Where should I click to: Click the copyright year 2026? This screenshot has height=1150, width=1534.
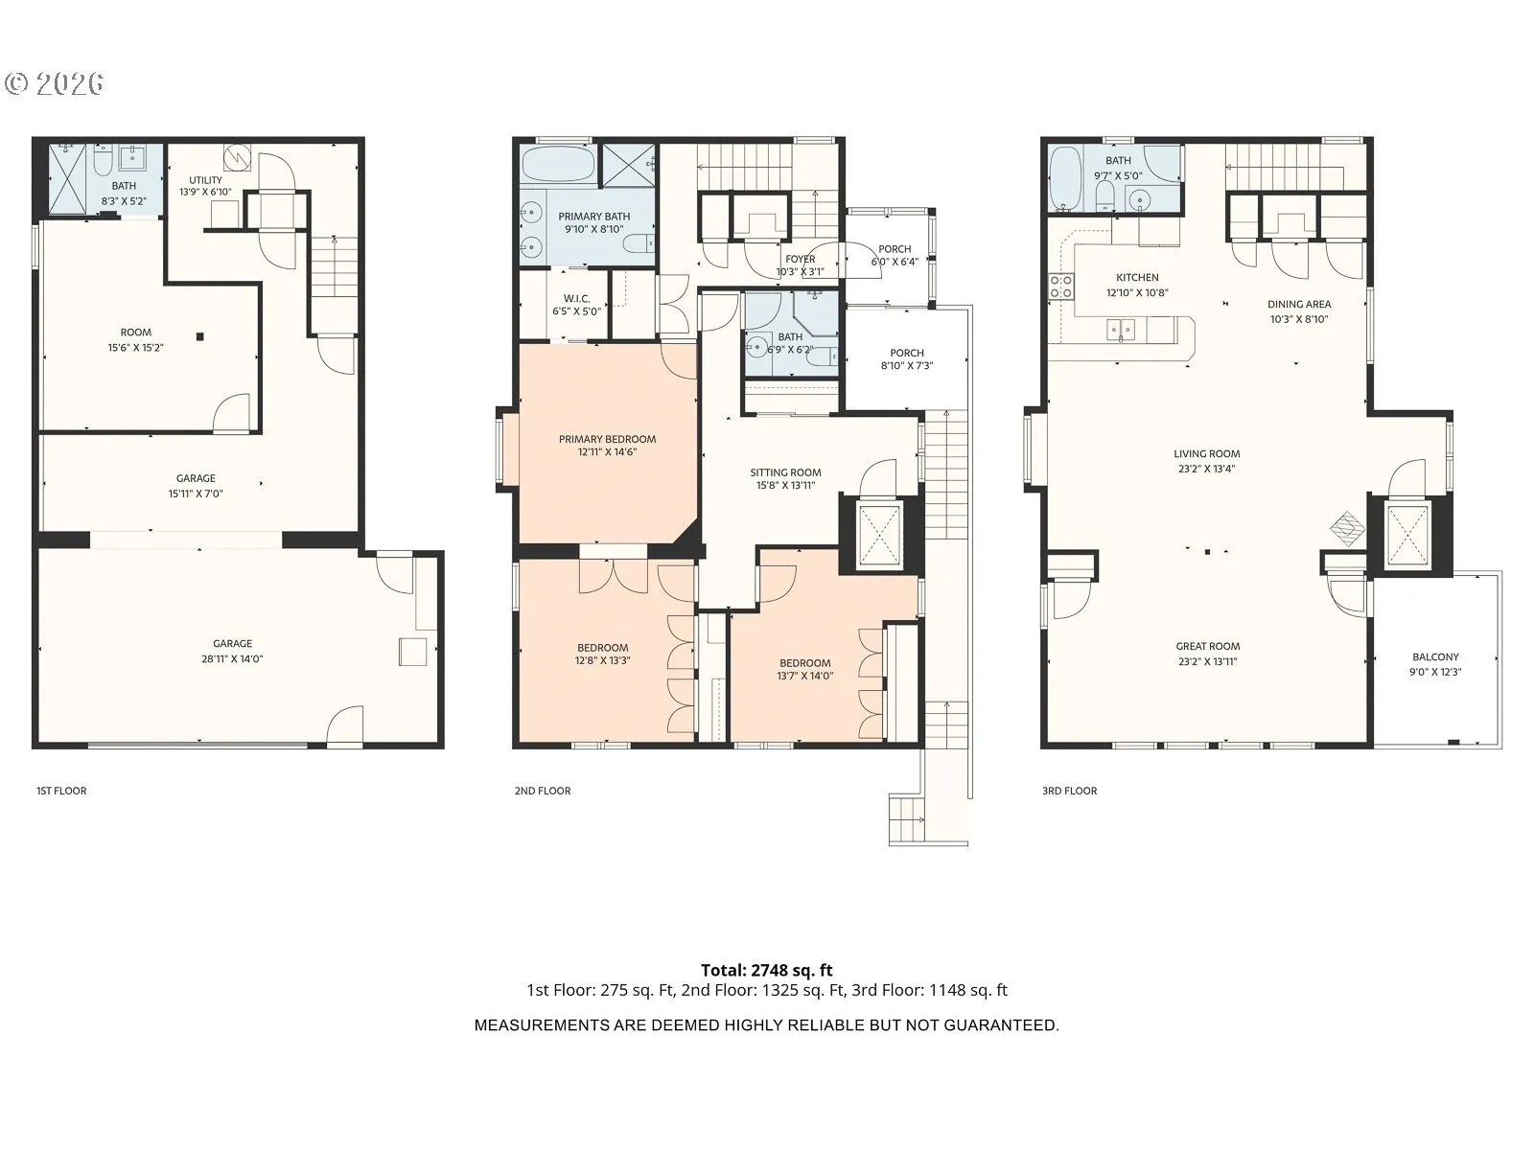pos(69,83)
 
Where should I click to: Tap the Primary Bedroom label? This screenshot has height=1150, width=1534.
pos(607,439)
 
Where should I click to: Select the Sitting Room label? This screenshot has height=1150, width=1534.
pos(785,472)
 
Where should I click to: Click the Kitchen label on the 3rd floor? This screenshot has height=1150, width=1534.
pos(1137,278)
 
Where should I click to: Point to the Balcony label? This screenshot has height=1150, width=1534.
pos(1435,657)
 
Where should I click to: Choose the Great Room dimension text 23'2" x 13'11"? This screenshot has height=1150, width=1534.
pos(1208,662)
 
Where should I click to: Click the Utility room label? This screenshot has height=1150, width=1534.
pos(205,180)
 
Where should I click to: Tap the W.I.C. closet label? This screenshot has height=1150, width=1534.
pos(576,299)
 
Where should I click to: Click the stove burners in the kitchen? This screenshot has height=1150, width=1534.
pos(1061,287)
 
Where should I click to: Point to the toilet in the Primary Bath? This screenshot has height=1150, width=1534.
pos(639,243)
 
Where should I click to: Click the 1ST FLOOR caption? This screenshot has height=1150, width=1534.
pos(61,792)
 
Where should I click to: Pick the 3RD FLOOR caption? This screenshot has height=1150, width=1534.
pos(1069,792)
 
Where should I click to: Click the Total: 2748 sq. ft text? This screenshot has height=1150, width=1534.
pos(767,971)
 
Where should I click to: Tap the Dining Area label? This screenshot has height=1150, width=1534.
pos(1299,305)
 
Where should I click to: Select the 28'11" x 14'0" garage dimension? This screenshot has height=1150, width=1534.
pos(233,659)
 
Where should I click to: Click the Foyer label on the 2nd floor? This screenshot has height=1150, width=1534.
pos(801,259)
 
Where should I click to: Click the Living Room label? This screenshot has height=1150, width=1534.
pos(1207,454)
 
